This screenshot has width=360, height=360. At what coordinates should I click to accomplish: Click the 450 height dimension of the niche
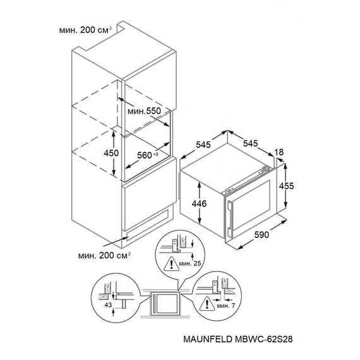click(111, 153)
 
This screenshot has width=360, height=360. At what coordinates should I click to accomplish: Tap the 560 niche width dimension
click(148, 155)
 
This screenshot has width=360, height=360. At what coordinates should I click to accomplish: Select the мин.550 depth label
click(144, 111)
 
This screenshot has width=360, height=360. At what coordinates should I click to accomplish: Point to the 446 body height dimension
click(199, 203)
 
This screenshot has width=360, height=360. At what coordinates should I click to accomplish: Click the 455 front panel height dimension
click(286, 186)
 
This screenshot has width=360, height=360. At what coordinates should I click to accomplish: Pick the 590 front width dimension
click(261, 234)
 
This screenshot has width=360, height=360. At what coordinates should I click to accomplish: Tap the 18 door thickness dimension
click(279, 152)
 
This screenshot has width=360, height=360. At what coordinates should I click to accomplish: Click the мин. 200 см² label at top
click(85, 30)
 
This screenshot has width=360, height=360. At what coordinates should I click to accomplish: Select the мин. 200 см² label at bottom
click(104, 255)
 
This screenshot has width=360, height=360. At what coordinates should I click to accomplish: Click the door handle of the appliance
click(229, 216)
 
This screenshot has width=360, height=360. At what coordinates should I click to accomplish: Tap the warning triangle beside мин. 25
click(171, 264)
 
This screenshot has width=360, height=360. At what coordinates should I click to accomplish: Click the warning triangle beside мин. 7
click(207, 304)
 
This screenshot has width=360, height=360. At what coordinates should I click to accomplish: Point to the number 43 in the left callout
click(108, 305)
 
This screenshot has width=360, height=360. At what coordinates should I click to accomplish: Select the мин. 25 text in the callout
click(190, 263)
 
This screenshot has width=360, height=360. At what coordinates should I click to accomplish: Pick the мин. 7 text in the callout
click(226, 306)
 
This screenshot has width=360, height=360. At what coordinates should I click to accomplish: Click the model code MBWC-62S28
click(264, 339)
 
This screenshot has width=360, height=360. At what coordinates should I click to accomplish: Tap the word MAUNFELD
click(208, 339)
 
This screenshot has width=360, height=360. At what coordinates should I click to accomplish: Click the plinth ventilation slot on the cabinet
click(147, 225)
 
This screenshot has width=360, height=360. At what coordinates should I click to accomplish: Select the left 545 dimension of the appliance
click(203, 145)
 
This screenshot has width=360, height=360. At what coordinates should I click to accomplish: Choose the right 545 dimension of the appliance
click(251, 143)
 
